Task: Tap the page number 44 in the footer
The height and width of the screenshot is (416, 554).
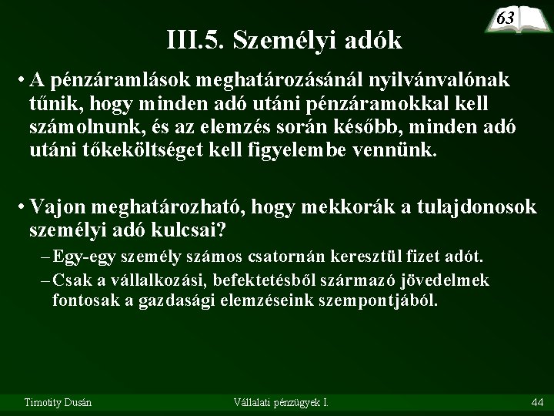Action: tap(538, 401)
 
